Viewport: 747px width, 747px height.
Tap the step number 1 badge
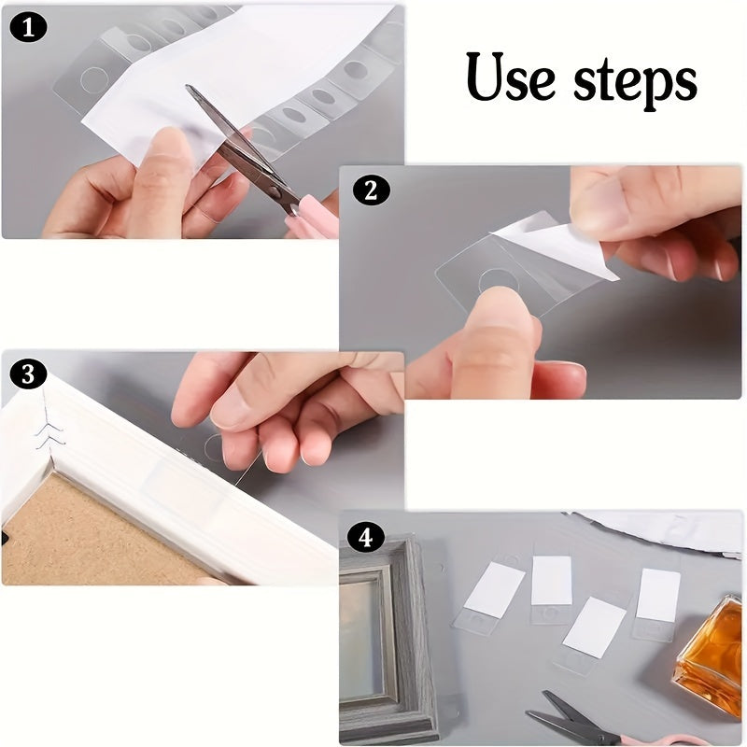[x=28, y=28]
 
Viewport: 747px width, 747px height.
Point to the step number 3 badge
[x=28, y=375]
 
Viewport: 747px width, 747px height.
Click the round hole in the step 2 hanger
[x=497, y=278]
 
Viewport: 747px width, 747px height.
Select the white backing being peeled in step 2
[x=560, y=245]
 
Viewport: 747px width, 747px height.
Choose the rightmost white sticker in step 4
[x=658, y=595]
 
